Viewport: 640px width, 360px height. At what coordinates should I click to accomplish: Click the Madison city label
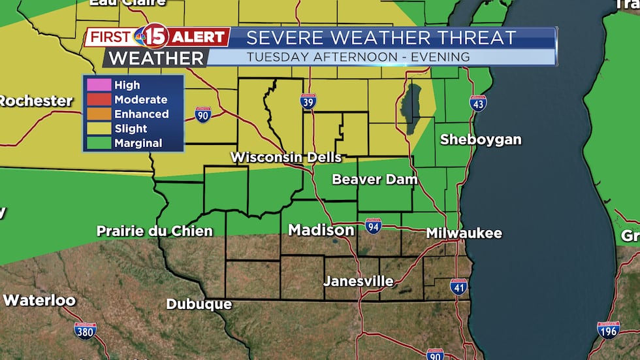pyautogui.click(x=321, y=231)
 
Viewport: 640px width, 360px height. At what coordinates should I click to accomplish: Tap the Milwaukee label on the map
pyautogui.click(x=464, y=233)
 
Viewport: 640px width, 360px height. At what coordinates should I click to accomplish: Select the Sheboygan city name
pyautogui.click(x=481, y=139)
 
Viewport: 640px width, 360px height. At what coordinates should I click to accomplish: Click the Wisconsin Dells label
pyautogui.click(x=285, y=157)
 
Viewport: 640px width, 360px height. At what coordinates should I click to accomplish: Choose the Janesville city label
pyautogui.click(x=359, y=282)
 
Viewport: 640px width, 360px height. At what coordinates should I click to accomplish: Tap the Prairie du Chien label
pyautogui.click(x=154, y=231)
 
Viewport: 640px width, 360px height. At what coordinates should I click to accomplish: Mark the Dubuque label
pyautogui.click(x=199, y=304)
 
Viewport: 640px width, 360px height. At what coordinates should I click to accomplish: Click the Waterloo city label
pyautogui.click(x=39, y=301)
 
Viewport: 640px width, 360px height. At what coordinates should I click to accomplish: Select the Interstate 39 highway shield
pyautogui.click(x=309, y=101)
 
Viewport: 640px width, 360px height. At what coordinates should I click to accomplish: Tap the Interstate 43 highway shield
pyautogui.click(x=478, y=103)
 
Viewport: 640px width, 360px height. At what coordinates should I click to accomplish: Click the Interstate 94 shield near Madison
pyautogui.click(x=374, y=226)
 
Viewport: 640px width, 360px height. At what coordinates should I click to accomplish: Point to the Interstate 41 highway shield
pyautogui.click(x=459, y=287)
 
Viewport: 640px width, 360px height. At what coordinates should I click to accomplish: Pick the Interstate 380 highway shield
pyautogui.click(x=86, y=331)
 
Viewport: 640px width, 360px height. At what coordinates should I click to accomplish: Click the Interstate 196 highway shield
pyautogui.click(x=608, y=330)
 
